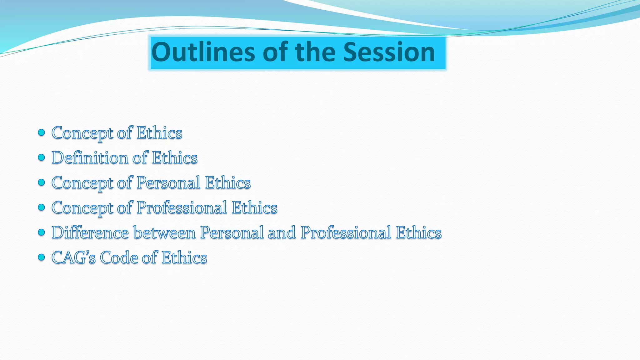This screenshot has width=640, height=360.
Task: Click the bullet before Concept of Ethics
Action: click(41, 132)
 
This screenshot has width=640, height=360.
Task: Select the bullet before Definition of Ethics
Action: click(41, 157)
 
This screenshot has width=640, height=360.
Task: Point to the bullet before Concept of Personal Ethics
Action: click(41, 182)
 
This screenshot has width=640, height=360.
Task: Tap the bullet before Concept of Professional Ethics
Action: click(41, 207)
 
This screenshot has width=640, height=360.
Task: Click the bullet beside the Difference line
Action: click(41, 232)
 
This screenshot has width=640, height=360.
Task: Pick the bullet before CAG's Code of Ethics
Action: click(41, 257)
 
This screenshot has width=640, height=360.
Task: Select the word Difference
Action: click(90, 232)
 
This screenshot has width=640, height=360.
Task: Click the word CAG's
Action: click(73, 257)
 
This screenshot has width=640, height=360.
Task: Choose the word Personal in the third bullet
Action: click(168, 182)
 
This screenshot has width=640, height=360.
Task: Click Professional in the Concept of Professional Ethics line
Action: click(182, 207)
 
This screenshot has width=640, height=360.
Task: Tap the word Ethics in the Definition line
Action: click(175, 157)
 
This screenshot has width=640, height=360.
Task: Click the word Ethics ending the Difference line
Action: click(419, 232)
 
